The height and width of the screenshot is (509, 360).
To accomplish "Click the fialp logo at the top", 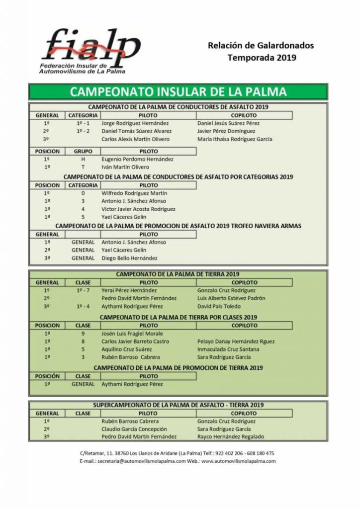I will (90, 50).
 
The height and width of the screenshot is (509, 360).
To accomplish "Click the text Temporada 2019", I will (262, 57).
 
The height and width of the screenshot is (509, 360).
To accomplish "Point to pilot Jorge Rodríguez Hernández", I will (135, 123).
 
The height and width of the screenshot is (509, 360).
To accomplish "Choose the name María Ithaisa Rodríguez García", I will (235, 139).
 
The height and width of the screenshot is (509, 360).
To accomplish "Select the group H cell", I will (83, 160).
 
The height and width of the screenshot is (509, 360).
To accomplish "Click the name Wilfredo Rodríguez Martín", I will (134, 193).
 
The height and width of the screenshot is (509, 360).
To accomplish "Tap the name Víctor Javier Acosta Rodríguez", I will (139, 209).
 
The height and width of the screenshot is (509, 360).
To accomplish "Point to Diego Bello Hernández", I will (129, 258).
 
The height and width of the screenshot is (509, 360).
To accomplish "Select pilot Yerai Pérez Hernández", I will (129, 291).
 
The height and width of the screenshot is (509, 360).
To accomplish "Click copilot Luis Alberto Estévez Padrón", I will (231, 299).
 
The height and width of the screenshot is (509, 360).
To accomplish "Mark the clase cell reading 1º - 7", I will (83, 291).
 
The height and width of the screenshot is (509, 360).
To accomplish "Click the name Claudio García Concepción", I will (134, 429).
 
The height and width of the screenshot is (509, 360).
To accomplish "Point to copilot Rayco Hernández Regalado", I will (231, 437).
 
